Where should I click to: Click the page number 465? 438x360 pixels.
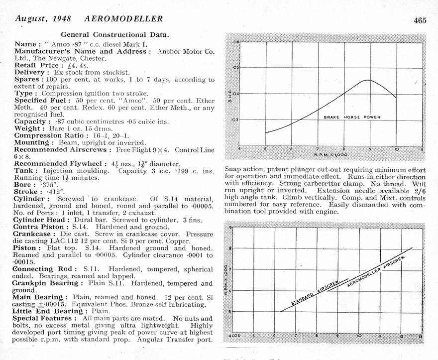419,20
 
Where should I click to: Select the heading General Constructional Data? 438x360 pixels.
114,35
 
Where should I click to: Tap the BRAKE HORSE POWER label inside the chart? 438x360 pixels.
352,118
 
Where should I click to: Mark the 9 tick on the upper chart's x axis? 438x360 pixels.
370,149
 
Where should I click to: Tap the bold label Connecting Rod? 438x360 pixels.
43,269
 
